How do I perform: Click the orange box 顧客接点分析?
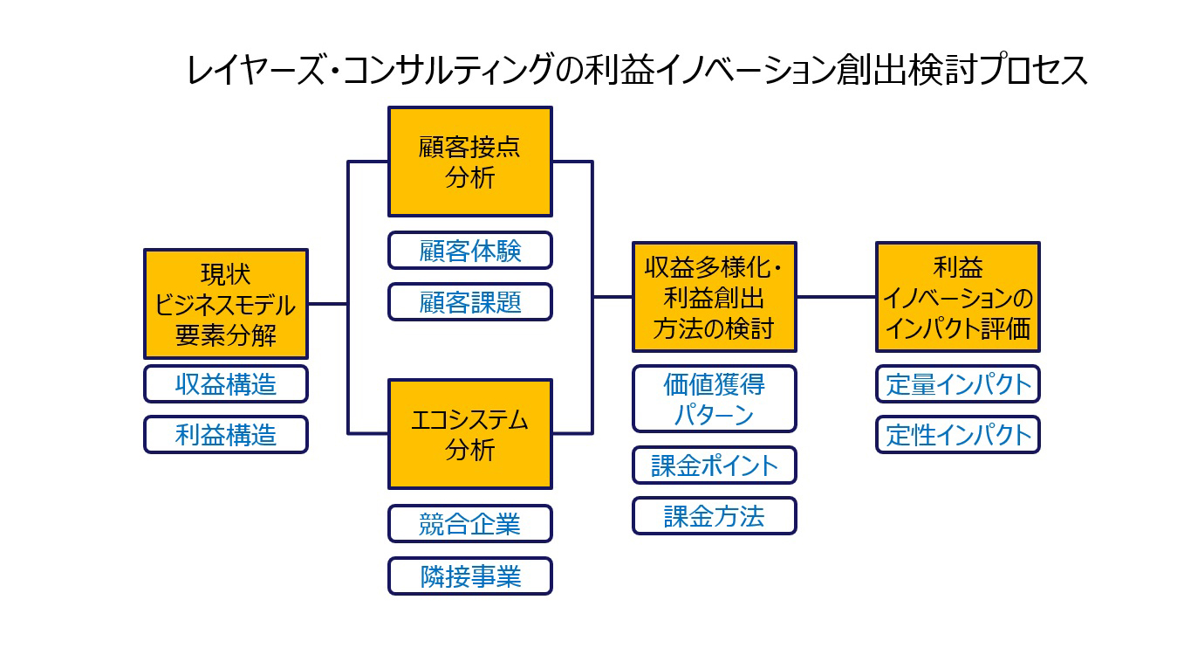pos(470,162)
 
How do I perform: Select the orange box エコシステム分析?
pos(470,434)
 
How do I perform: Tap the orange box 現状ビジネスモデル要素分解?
pos(226,304)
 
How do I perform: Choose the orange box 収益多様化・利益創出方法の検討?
pos(714,297)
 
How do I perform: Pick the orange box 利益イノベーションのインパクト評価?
pos(958,297)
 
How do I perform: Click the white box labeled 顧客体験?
pos(470,251)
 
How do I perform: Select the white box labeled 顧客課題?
pos(470,302)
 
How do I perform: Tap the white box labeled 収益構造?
pos(226,384)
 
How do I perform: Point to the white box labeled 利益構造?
pos(226,435)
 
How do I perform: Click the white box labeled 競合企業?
pos(470,524)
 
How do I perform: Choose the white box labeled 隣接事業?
pos(470,576)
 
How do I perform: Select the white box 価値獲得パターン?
pos(714,399)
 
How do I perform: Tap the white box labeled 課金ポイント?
pos(714,465)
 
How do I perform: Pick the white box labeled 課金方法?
pos(714,516)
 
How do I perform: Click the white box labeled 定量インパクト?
pos(958,384)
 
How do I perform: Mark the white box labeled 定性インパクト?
pos(958,435)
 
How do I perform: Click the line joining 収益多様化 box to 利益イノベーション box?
pos(836,297)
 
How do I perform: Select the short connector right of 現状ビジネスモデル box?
pos(328,304)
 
